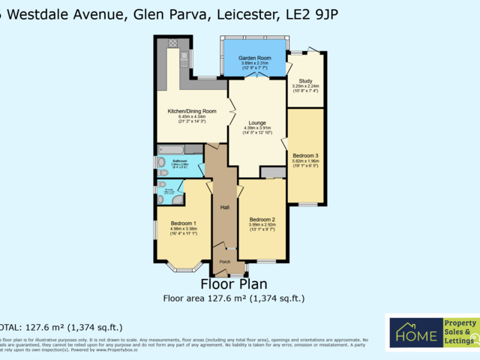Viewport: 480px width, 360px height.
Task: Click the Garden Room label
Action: coord(254,58)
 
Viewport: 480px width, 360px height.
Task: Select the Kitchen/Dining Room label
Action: coord(192,111)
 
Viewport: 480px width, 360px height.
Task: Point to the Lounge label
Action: coord(257,122)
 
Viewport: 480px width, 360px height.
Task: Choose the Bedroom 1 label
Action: coord(183,223)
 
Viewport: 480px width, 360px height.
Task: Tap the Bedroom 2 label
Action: coord(262,219)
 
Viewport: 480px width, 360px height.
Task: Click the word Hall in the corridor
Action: coord(224,207)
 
